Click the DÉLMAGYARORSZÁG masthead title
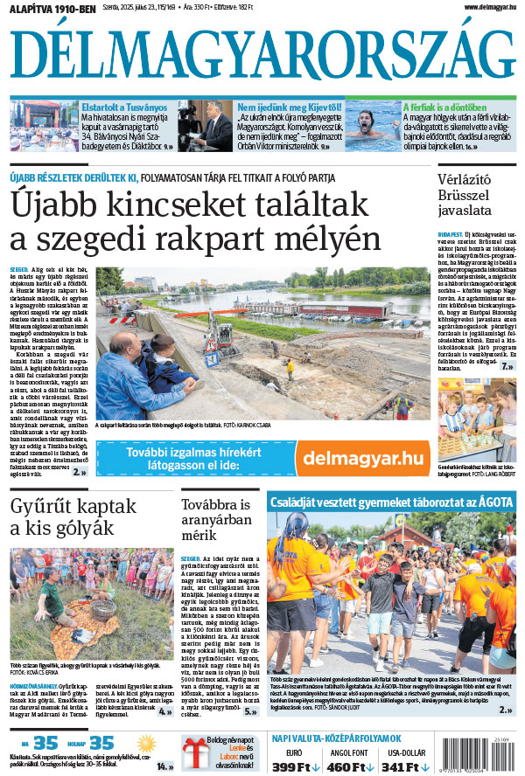point(262,54)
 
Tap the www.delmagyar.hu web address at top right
point(484,7)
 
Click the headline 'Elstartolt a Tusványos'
point(124,107)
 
